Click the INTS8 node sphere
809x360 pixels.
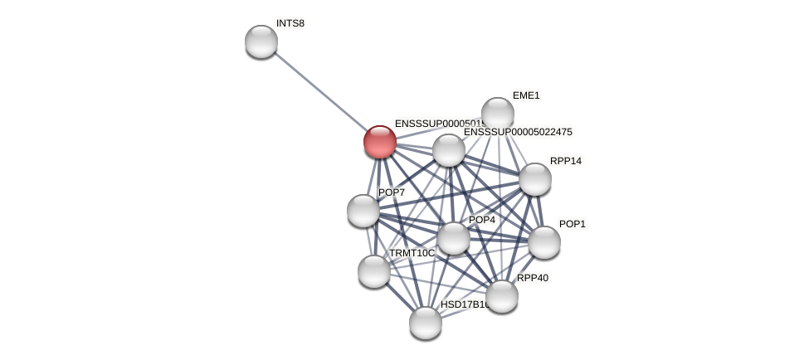coord(261,41)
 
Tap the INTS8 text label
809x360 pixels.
coord(290,23)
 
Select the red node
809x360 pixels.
coord(380,142)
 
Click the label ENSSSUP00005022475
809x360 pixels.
coord(518,132)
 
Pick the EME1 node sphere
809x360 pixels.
coord(498,114)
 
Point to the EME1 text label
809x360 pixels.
coord(526,95)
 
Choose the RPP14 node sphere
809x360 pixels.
coord(535,179)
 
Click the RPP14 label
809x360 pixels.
coord(566,161)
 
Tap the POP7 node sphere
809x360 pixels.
coord(363,211)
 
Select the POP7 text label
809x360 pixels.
coord(392,192)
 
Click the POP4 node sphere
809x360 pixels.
coord(454,238)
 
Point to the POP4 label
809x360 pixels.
coord(482,220)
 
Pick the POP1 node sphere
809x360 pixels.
coord(544,242)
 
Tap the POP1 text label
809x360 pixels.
coord(573,224)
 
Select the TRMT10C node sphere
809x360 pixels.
coord(374,271)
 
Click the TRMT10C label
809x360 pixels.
coord(412,253)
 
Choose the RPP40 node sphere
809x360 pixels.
coord(502,296)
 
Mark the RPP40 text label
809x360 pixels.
coord(533,278)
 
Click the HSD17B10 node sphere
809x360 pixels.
coord(426,323)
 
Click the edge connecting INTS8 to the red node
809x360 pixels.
coord(320,91)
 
